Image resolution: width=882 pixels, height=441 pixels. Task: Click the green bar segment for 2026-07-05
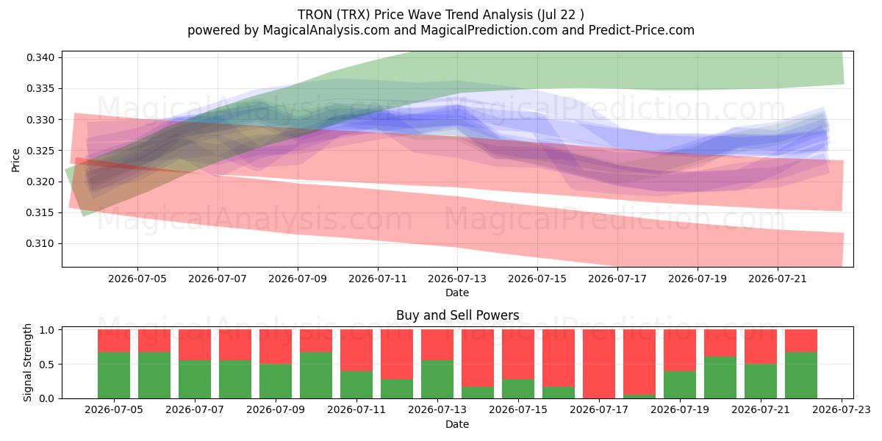114,376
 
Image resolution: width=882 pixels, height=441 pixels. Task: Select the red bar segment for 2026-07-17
599,363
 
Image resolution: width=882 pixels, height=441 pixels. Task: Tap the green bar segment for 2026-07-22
801,376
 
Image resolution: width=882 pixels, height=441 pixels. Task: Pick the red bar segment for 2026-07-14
478,358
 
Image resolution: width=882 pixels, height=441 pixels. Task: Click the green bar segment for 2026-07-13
437,379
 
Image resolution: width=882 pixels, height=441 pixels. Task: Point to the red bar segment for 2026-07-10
316,340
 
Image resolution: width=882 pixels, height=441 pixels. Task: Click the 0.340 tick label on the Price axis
40,58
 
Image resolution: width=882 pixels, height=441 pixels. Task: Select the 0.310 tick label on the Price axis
40,244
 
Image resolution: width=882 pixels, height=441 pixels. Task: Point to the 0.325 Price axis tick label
40,151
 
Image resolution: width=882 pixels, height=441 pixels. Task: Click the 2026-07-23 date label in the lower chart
842,410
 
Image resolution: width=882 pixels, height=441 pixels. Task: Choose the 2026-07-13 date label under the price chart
457,279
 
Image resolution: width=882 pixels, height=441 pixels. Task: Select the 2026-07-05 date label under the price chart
137,279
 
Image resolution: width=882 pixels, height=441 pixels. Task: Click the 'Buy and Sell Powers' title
457,315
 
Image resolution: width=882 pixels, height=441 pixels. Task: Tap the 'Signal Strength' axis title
27,362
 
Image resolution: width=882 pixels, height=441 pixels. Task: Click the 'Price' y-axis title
15,160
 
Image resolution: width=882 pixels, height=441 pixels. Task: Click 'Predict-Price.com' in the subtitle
642,30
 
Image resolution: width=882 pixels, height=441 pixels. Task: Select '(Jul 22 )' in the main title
560,15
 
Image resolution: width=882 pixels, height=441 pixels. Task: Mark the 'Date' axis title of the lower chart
457,425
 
